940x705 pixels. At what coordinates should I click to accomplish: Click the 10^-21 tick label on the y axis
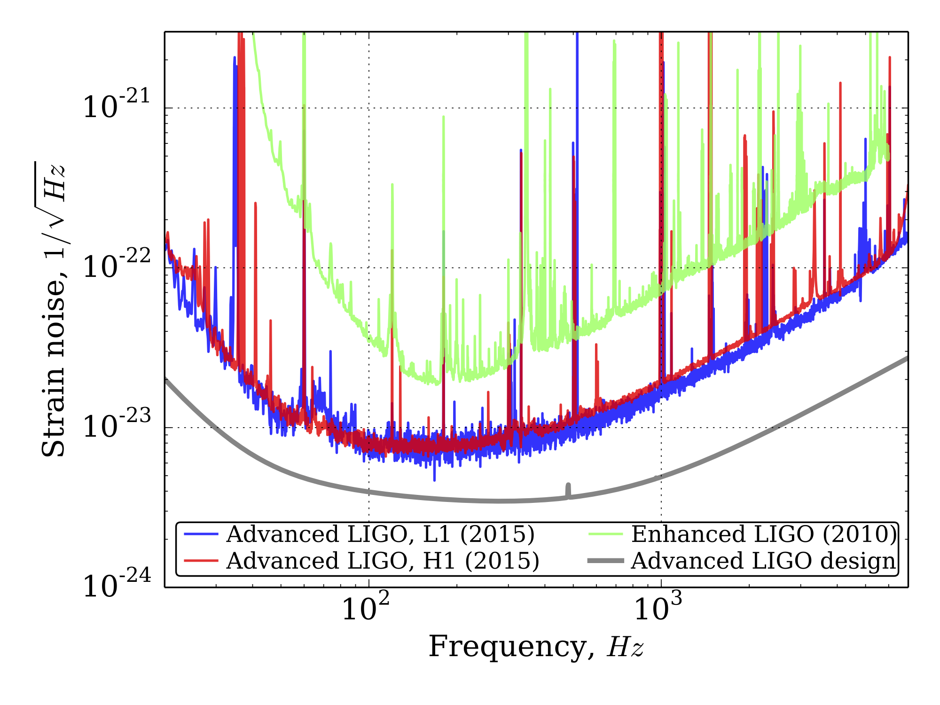116,104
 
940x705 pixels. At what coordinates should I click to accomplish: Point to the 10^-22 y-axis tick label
116,264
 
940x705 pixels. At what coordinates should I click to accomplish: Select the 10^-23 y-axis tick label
116,424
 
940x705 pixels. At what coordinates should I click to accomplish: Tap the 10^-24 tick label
116,584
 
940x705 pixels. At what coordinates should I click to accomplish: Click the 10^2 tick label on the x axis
365,607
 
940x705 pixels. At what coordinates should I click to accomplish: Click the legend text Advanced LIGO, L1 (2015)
380,534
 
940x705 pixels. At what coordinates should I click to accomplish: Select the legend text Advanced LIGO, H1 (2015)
383,561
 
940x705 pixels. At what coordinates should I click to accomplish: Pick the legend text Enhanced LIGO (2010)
764,534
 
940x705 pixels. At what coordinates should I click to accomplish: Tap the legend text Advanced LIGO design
764,561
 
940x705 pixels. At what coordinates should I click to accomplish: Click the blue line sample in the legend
201,534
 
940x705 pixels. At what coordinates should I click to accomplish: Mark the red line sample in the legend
201,561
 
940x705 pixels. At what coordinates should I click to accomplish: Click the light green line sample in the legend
606,534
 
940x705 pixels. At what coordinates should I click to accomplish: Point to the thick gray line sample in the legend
606,561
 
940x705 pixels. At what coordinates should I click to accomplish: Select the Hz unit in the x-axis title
625,647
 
